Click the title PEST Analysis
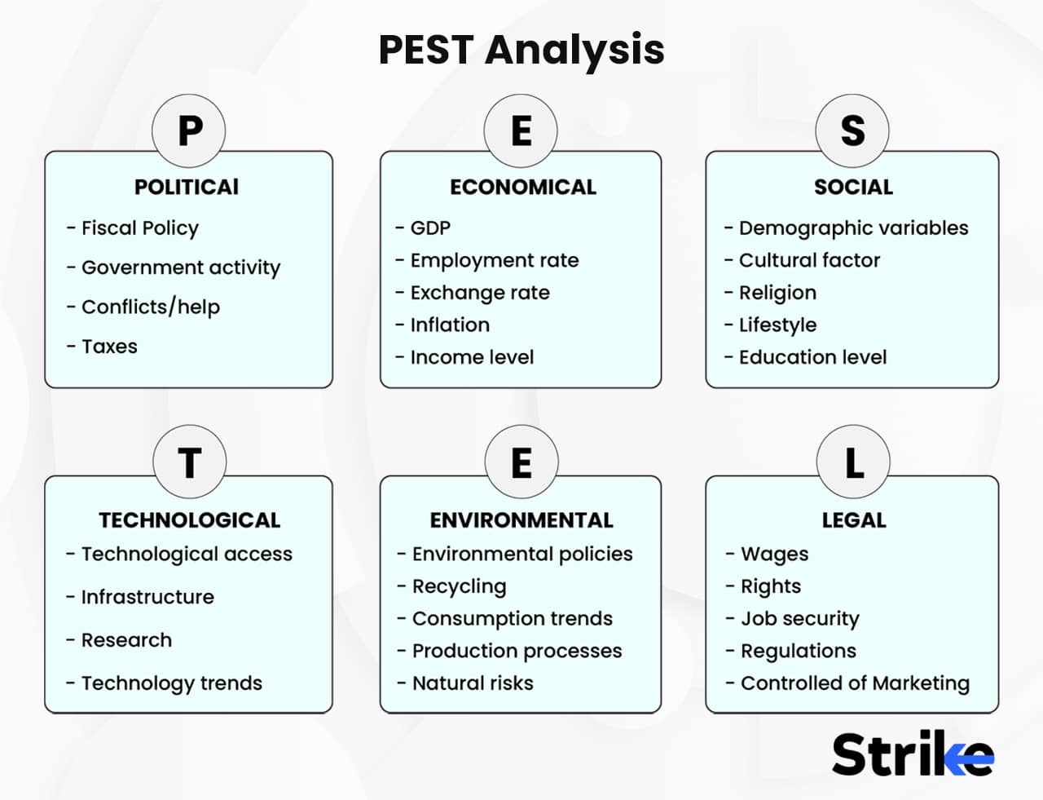pos(521,49)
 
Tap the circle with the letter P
pos(189,130)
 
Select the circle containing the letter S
pos(852,130)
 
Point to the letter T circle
pos(189,463)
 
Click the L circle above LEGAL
pos(852,463)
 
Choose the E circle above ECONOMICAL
pos(521,130)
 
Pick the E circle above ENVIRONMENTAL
pos(521,463)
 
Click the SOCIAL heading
pos(853,188)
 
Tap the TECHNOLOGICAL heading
pos(189,520)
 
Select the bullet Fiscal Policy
pos(139,228)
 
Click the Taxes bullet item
pos(109,347)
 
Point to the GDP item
pos(430,228)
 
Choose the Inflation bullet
pos(450,325)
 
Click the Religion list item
pos(777,293)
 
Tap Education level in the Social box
pos(812,357)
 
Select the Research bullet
pos(126,640)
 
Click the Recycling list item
pos(459,586)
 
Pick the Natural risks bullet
pos(473,683)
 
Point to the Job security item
pos(799,619)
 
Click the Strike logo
pos(913,754)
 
